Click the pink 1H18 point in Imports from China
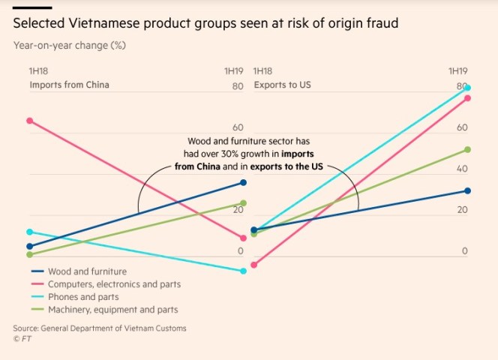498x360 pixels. tap(29, 120)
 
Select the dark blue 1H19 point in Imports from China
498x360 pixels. tap(243, 183)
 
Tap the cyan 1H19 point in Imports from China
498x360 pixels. tap(243, 271)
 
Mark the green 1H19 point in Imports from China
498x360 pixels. tap(243, 203)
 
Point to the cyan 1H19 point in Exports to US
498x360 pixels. tap(467, 88)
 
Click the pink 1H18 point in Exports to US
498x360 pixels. tap(254, 265)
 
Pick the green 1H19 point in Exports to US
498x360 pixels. tap(467, 149)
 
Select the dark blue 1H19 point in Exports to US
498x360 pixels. tap(467, 191)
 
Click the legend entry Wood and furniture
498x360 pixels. tap(86, 271)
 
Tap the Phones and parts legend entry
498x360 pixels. tap(82, 297)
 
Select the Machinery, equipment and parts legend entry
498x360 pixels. tap(112, 310)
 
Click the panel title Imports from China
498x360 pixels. tap(69, 85)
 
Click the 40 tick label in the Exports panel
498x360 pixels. tap(462, 169)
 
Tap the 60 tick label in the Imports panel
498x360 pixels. tap(237, 128)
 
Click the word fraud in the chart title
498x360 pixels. tap(379, 24)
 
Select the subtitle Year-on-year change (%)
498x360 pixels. tap(69, 45)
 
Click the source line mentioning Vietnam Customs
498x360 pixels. tap(100, 328)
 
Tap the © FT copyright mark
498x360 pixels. tap(22, 339)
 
